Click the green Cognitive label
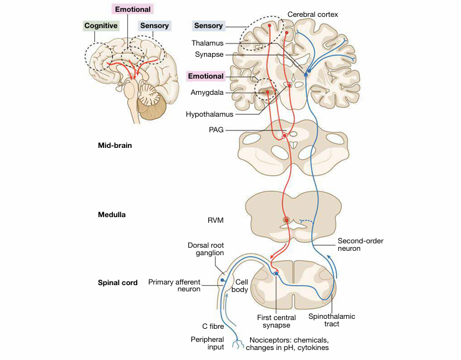click(x=101, y=26)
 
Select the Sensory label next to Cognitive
click(x=154, y=26)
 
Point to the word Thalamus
click(x=209, y=44)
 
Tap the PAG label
click(x=215, y=130)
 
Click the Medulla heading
click(x=112, y=214)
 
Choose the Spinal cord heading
click(x=117, y=283)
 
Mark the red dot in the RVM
click(x=286, y=220)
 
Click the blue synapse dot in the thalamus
click(x=306, y=73)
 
